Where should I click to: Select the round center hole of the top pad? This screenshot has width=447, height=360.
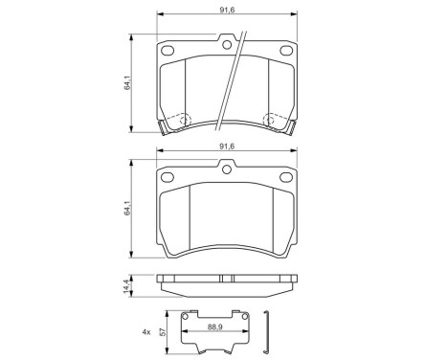[226, 40]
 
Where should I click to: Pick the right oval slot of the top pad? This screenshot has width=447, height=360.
[284, 50]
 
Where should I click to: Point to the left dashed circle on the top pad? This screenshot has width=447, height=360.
[178, 121]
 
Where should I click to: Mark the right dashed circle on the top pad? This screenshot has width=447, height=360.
[276, 121]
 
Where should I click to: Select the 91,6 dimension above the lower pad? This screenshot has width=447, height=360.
[226, 146]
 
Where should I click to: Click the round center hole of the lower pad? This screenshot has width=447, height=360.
[227, 171]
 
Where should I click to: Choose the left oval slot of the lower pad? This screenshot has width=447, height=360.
[169, 180]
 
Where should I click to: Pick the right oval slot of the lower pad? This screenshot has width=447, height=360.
[284, 180]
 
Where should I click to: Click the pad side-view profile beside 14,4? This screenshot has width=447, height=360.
[226, 284]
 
